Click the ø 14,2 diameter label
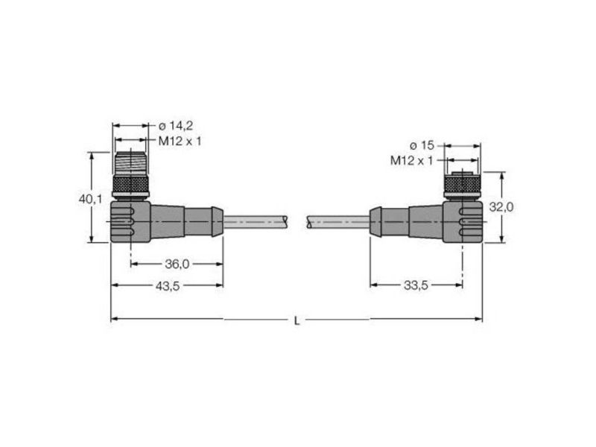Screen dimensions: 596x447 [176, 125]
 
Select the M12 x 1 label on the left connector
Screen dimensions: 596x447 [180, 142]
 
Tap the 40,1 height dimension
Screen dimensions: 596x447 [90, 199]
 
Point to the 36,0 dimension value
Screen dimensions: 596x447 [177, 264]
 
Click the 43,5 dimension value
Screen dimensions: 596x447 [167, 286]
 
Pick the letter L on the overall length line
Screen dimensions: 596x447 [297, 321]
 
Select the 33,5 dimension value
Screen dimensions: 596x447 [416, 285]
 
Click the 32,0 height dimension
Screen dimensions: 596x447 [501, 207]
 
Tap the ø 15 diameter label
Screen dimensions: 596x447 [422, 145]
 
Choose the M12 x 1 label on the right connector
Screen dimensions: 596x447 [412, 161]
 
